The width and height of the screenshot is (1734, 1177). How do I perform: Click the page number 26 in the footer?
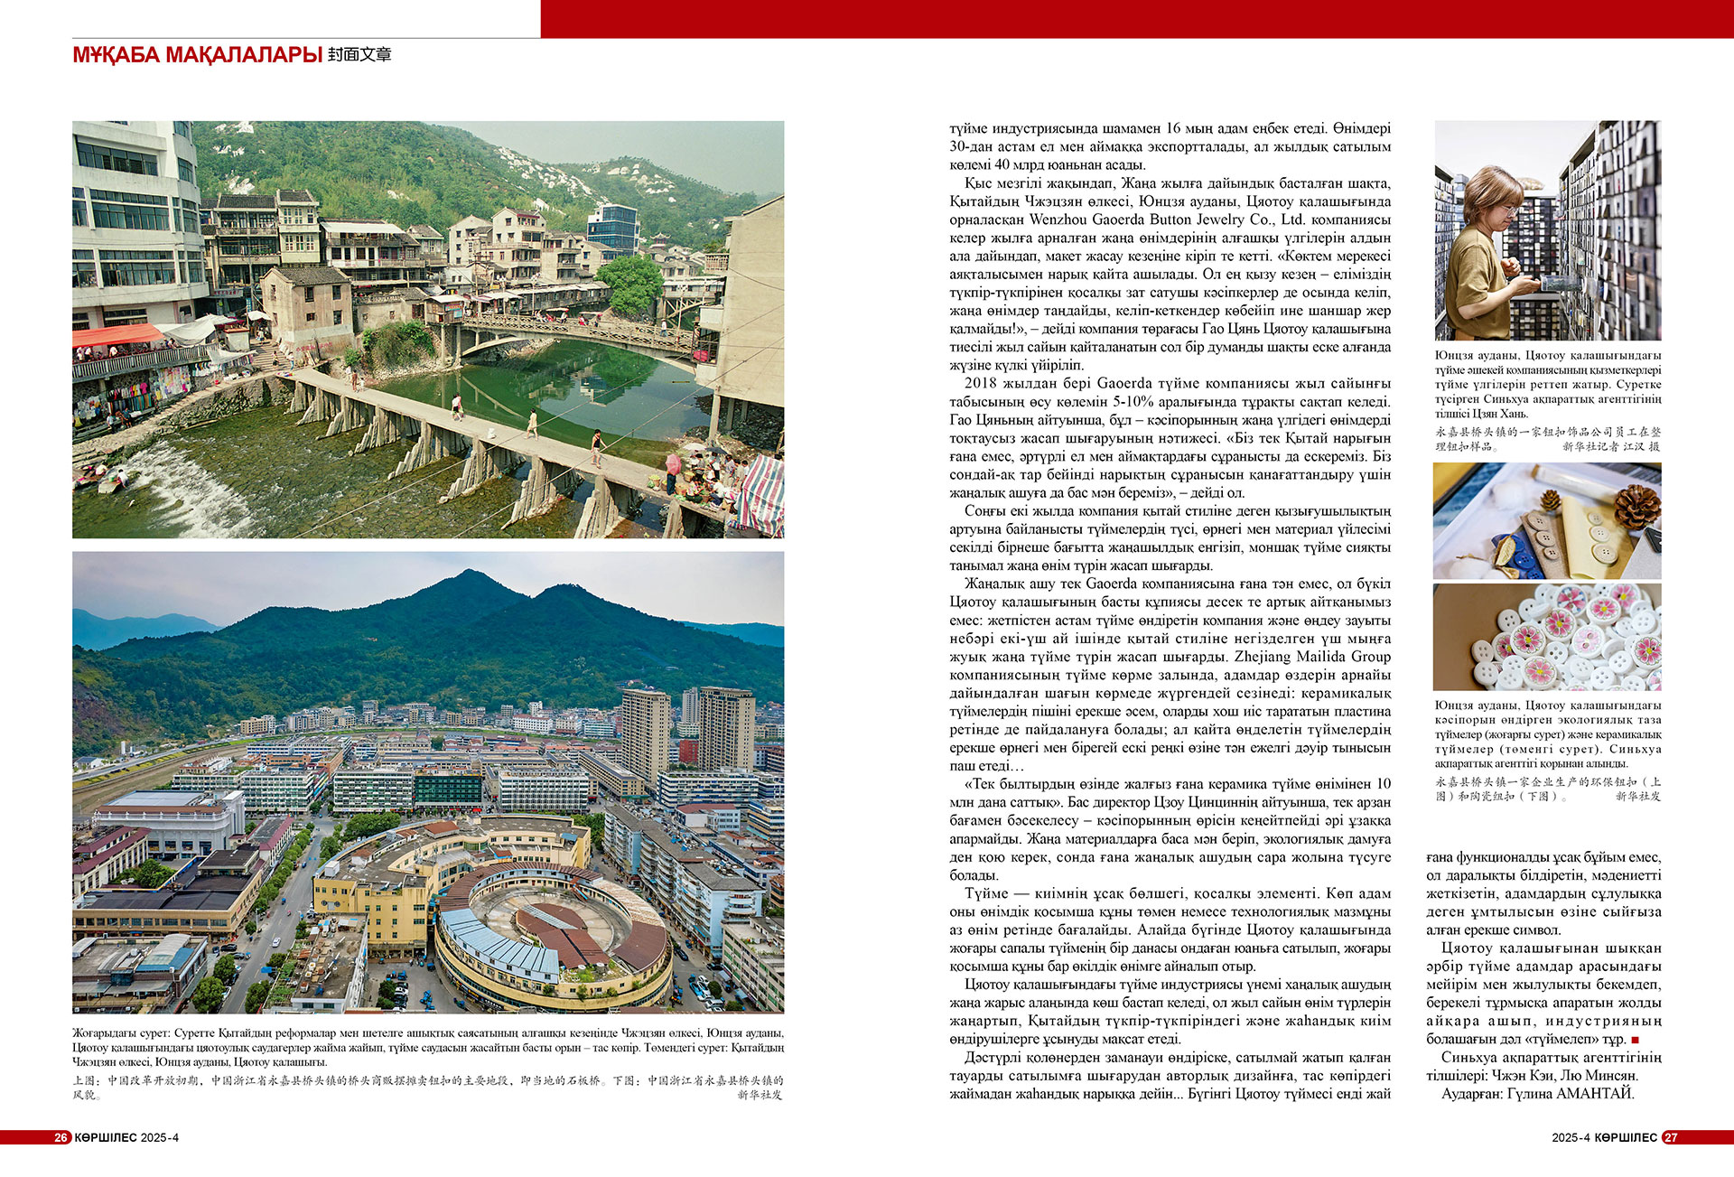coord(61,1137)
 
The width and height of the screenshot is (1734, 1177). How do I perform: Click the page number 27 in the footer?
coord(1671,1137)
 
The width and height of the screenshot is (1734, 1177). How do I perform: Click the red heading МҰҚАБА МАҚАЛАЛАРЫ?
coord(197,55)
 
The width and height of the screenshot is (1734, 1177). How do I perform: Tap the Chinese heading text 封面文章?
coord(359,55)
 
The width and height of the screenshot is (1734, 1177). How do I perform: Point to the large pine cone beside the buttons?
coord(1636,507)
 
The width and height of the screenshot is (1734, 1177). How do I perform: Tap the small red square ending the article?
coord(1635,1041)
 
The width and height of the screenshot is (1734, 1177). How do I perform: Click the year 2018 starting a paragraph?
coord(980,384)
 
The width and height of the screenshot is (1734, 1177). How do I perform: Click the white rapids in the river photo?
coord(181,488)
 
